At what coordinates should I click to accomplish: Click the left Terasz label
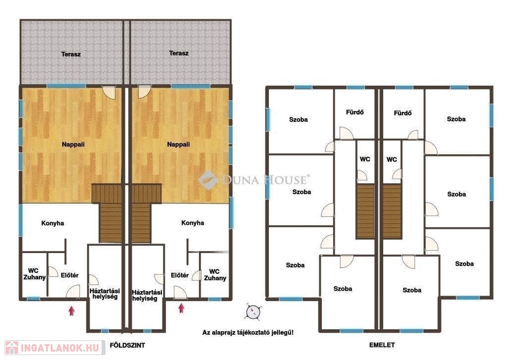pos(71,54)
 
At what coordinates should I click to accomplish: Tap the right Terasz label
pos(178,53)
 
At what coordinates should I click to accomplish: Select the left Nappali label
pos(73,145)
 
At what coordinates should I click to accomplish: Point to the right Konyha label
pos(193,223)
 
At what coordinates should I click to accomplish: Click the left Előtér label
pos(69,275)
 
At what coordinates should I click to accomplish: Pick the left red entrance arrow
pos(71,311)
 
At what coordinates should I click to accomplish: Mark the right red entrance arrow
pos(181,308)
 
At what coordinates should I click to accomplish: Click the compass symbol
pos(253,312)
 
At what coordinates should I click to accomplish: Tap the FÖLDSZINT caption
pos(127,346)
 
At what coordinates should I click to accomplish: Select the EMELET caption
pos(382,345)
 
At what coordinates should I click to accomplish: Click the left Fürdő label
pos(355,112)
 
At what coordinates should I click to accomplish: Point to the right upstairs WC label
pos(392,159)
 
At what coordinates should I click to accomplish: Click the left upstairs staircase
pos(365,211)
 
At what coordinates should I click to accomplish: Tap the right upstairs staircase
pos(392,211)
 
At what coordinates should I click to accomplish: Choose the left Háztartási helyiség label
pos(105,294)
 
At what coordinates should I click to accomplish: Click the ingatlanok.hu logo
pos(55,348)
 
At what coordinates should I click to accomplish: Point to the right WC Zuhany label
pos(215,275)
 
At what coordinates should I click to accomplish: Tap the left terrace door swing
pos(109,93)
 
